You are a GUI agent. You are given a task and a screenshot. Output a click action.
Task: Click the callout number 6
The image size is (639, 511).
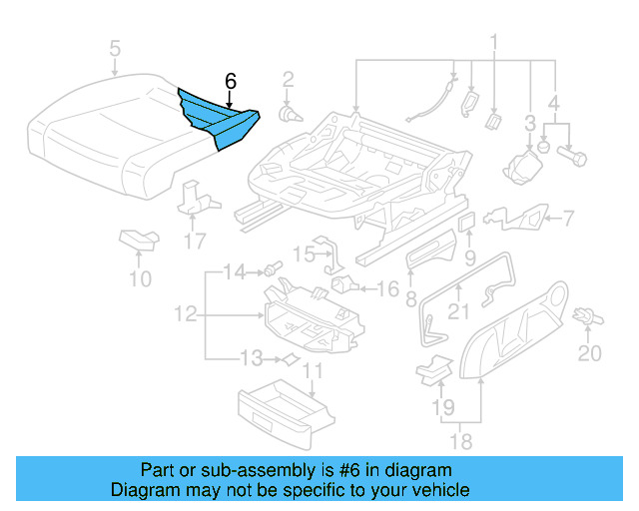tap(231, 81)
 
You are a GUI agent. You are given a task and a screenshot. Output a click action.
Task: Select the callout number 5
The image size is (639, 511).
tap(115, 48)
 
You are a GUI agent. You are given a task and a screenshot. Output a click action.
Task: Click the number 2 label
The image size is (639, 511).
tap(288, 79)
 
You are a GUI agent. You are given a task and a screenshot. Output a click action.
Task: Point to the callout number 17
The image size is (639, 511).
tap(194, 241)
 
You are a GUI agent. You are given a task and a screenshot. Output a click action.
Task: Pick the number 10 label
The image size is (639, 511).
tap(141, 278)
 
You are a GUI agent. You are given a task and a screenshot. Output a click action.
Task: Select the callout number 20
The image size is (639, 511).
tap(590, 353)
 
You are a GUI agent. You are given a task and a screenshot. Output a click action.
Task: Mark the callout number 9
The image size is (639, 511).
tap(469, 259)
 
